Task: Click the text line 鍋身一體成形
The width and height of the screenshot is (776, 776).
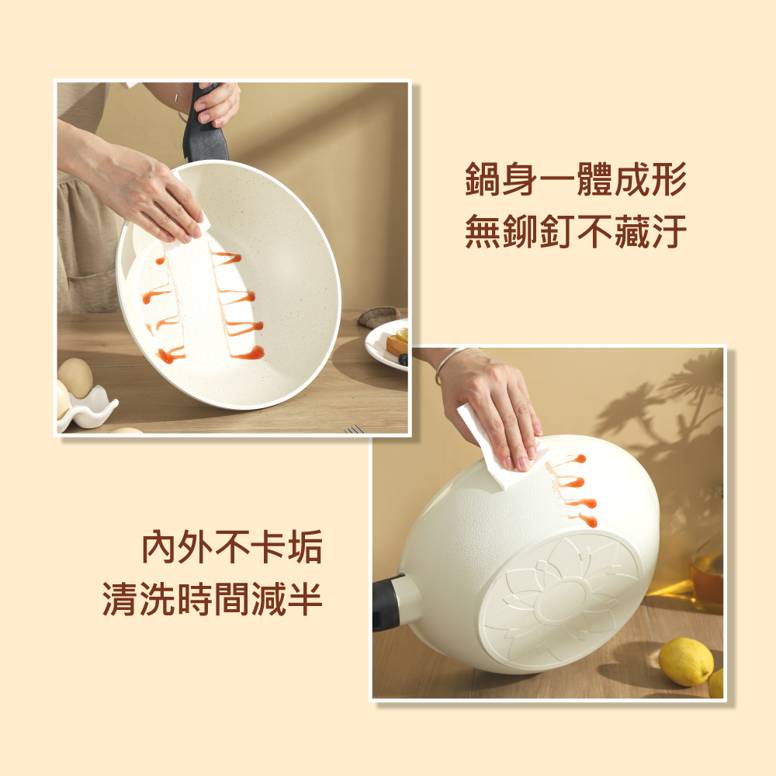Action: (x=576, y=179)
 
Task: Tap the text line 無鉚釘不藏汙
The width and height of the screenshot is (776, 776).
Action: (x=576, y=231)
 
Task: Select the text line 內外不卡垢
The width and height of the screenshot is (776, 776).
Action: (x=232, y=546)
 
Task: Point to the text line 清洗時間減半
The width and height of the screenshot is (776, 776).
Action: (x=213, y=598)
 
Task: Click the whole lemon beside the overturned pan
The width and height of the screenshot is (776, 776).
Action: (x=685, y=662)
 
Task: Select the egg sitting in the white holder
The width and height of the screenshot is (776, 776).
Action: (x=75, y=378)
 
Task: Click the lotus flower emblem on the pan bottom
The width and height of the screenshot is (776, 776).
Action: (x=563, y=601)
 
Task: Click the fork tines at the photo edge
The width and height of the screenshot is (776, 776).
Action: (x=355, y=428)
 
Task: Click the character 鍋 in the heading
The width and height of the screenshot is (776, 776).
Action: (x=483, y=179)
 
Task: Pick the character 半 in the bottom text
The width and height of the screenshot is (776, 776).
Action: (x=304, y=598)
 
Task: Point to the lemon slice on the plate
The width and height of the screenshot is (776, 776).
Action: (x=402, y=334)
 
